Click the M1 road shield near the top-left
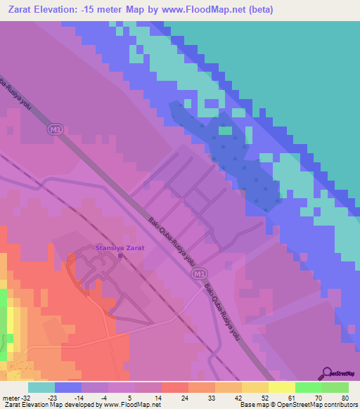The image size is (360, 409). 55,129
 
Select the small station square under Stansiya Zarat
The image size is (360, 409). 120,257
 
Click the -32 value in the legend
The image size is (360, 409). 28,398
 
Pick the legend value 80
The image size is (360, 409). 345,398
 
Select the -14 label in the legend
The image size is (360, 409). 80,398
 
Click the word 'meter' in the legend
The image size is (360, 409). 11,398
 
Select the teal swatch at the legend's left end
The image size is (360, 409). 41,387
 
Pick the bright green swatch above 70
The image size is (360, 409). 309,387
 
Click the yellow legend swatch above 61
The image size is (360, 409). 282,387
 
